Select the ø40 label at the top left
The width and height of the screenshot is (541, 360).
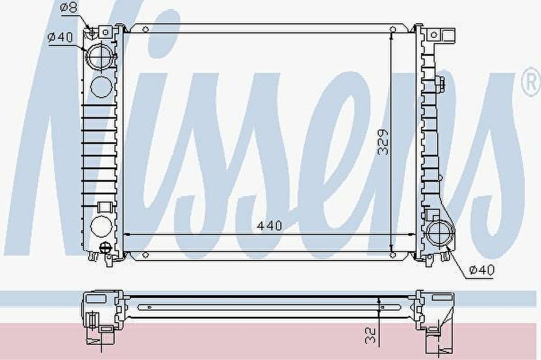(61, 37)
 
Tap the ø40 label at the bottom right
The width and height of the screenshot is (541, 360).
(481, 270)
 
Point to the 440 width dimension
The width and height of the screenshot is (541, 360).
(269, 226)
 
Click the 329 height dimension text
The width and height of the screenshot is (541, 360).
(382, 142)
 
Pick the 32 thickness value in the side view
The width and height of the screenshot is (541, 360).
(370, 335)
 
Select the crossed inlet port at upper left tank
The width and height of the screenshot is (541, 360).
(101, 57)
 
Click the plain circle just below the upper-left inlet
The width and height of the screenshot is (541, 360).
(101, 86)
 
